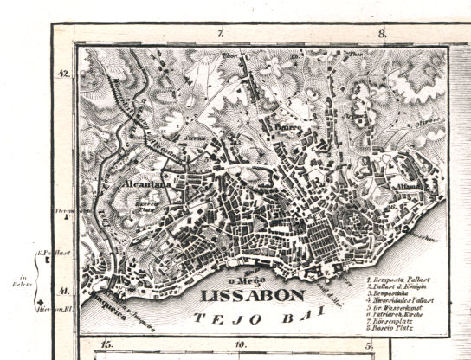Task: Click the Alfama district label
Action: point(407,185)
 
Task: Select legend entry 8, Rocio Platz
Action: point(394,328)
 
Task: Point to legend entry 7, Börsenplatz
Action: point(394,321)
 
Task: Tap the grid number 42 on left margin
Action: point(63,74)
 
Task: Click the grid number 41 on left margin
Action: point(63,291)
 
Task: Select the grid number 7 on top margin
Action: point(220,34)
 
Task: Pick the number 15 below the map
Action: point(106,346)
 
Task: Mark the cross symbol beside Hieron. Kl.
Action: point(41,299)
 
